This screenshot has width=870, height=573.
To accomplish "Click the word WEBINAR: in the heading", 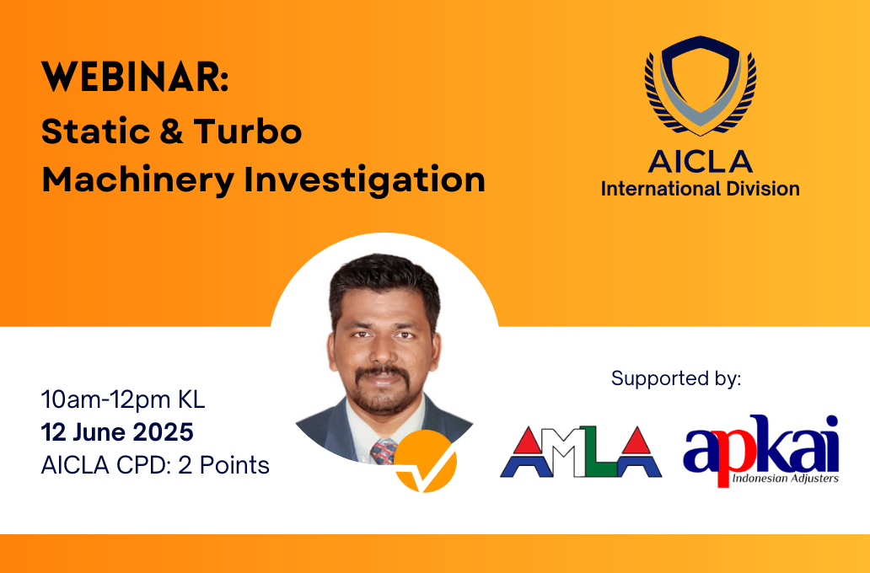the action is [135, 77].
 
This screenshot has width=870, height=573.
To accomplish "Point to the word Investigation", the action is [364, 180].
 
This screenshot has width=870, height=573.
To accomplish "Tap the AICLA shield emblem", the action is [701, 85].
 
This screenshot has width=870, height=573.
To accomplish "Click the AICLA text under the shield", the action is [701, 162].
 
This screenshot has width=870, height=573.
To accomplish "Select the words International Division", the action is [701, 189].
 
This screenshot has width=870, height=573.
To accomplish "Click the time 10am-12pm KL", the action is [123, 399].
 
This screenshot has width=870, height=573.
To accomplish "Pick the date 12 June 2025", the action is [117, 432].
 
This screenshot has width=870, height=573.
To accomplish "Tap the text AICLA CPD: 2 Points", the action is [155, 465].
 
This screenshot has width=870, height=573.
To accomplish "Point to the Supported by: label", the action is [676, 379].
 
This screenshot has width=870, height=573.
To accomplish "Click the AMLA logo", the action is [581, 452].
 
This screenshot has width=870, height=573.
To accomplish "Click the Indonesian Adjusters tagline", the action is [785, 478].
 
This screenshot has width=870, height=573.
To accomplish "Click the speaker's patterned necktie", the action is [384, 451].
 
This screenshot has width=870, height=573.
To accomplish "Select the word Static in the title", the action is [94, 131].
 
